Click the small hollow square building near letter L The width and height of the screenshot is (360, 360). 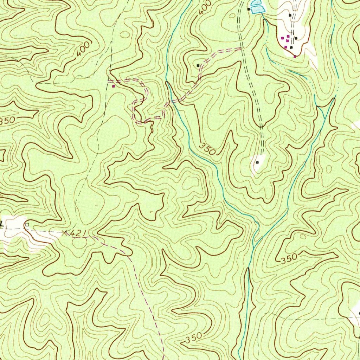tap(27, 224)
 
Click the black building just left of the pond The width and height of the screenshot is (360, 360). tap(249, 9)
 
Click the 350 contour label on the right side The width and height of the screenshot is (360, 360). tap(289, 258)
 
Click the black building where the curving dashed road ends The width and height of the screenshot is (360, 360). tap(198, 65)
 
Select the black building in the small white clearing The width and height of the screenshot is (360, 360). tap(257, 162)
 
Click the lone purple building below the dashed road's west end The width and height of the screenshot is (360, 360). tap(113, 86)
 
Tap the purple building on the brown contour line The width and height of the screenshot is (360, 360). tap(295, 56)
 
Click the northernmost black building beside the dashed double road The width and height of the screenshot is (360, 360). tap(290, 15)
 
